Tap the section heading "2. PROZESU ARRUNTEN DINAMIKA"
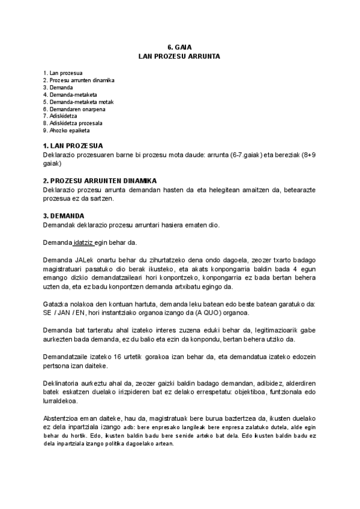point(100,181)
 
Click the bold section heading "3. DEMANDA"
point(64,215)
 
